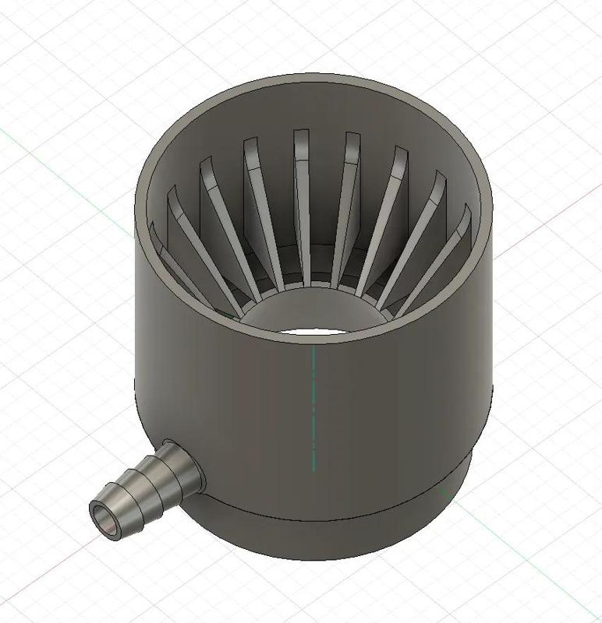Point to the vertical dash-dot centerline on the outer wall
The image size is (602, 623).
point(313,405)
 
